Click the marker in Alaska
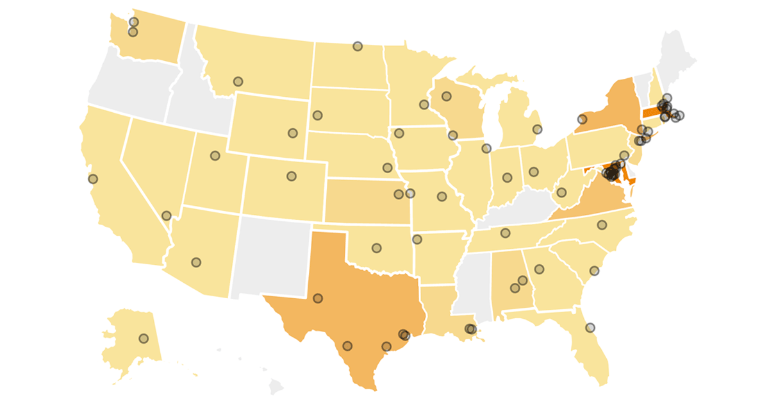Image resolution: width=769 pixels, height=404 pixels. pos(144,338)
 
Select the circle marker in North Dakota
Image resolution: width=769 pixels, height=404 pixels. pos(358,46)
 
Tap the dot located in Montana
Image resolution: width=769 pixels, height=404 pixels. pos(238,81)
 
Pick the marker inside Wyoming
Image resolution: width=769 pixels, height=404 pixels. pos(293,133)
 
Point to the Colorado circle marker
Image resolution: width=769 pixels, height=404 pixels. pos(292,176)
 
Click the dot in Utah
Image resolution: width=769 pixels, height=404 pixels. pos(215,155)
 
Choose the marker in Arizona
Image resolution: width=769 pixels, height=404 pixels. pos(196,262)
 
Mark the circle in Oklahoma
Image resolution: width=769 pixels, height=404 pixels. pos(377,248)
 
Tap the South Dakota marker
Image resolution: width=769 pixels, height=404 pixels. pos(317,115)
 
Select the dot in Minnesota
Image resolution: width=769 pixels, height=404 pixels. pos(424,105)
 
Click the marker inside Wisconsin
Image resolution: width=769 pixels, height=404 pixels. pos(447,96)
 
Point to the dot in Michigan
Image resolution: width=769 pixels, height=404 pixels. pos(537,129)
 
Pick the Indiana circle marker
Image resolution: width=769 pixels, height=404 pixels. pos(508,178)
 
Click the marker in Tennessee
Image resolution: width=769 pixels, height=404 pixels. pos(505,233)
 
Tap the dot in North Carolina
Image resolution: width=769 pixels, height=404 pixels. pos(602,224)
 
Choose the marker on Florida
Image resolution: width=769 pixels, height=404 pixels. pos(590,327)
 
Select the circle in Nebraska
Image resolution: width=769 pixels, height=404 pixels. pos(387,167)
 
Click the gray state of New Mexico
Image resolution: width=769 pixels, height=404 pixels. pos(269,257)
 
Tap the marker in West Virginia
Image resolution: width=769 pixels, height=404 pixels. pos(561,192)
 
